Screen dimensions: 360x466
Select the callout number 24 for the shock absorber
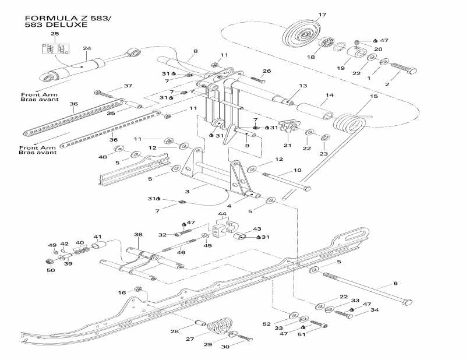[x=87, y=48]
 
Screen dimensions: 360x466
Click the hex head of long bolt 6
[x=408, y=302]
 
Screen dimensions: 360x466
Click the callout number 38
[x=138, y=235]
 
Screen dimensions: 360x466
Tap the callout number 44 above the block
[x=222, y=214]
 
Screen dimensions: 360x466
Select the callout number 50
[x=51, y=270]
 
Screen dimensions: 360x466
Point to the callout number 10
[x=297, y=171]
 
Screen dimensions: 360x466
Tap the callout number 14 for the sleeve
[x=330, y=94]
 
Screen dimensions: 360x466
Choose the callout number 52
[x=267, y=323]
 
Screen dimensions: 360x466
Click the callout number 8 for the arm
[x=196, y=51]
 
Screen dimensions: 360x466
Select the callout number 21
[x=287, y=145]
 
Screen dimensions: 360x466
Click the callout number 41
[x=98, y=237]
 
